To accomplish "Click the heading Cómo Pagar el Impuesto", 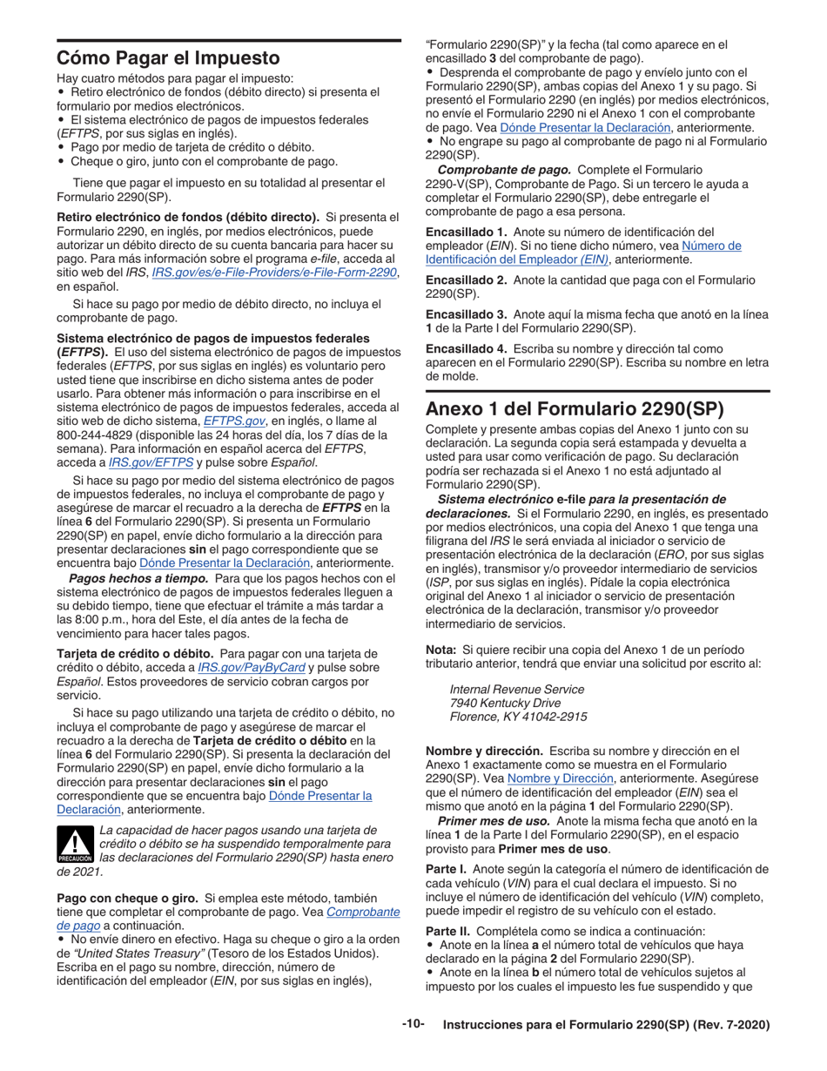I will [168, 58].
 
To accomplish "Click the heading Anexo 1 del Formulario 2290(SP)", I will [574, 409].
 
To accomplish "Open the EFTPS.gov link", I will [234, 421].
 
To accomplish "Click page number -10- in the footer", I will [413, 1024].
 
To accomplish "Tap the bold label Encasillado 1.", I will [466, 232].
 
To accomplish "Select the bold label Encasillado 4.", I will [466, 347].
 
